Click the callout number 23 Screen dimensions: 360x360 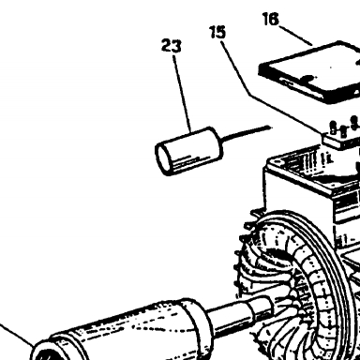172,46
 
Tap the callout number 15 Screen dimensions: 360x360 217,32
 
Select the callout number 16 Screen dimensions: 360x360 271,19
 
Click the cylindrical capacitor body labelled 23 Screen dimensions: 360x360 189,151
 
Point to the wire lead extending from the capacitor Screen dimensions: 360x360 247,133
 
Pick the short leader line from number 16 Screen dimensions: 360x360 295,36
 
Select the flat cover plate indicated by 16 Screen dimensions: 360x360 309,72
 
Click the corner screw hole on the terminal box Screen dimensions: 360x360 277,162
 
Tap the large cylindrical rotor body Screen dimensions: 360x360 125,331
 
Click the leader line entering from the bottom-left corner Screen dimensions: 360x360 17,335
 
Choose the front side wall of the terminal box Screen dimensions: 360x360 298,190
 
